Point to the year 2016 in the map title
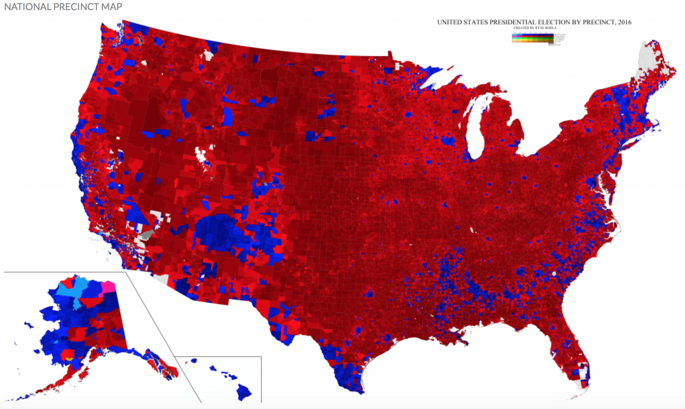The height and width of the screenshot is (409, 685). click(x=624, y=22)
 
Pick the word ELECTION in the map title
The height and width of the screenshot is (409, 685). click(x=553, y=22)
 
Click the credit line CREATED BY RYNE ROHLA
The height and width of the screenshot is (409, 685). click(x=535, y=28)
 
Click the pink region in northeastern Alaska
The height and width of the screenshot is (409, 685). click(x=108, y=287)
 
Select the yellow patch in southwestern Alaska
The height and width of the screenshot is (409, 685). click(x=69, y=359)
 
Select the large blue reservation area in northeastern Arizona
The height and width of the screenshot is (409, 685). click(x=220, y=233)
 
